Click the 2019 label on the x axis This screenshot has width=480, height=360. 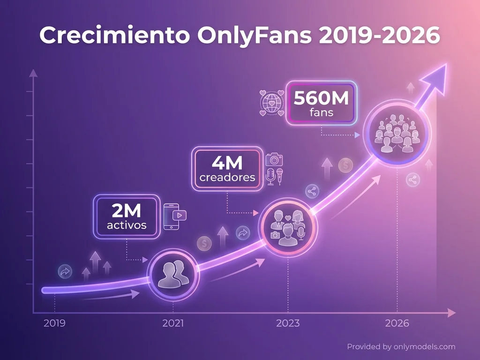point(55,323)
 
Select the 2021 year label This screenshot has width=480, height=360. point(173,323)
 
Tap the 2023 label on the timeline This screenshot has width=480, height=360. point(288,323)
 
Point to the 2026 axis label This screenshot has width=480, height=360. point(397,323)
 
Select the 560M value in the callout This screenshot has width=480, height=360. point(321,98)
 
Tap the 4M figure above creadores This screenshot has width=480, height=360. point(227,164)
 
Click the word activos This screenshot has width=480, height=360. point(127,225)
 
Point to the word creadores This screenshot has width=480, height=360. point(227,178)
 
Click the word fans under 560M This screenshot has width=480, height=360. point(321,112)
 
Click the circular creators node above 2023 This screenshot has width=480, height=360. point(288,227)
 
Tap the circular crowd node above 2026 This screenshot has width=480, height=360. point(397,133)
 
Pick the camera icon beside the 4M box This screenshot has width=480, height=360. point(274,159)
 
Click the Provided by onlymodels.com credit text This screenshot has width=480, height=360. point(401,347)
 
